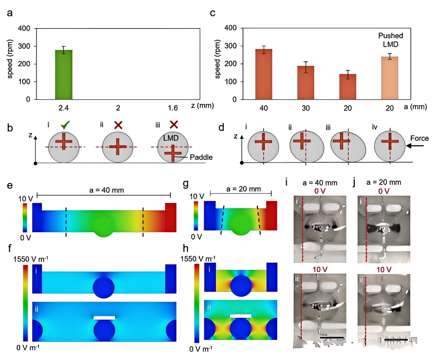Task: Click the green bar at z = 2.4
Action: click(63, 75)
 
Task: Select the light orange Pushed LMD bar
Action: click(389, 78)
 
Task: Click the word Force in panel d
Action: click(420, 138)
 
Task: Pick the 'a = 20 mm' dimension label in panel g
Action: click(240, 189)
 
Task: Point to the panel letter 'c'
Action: click(213, 13)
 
